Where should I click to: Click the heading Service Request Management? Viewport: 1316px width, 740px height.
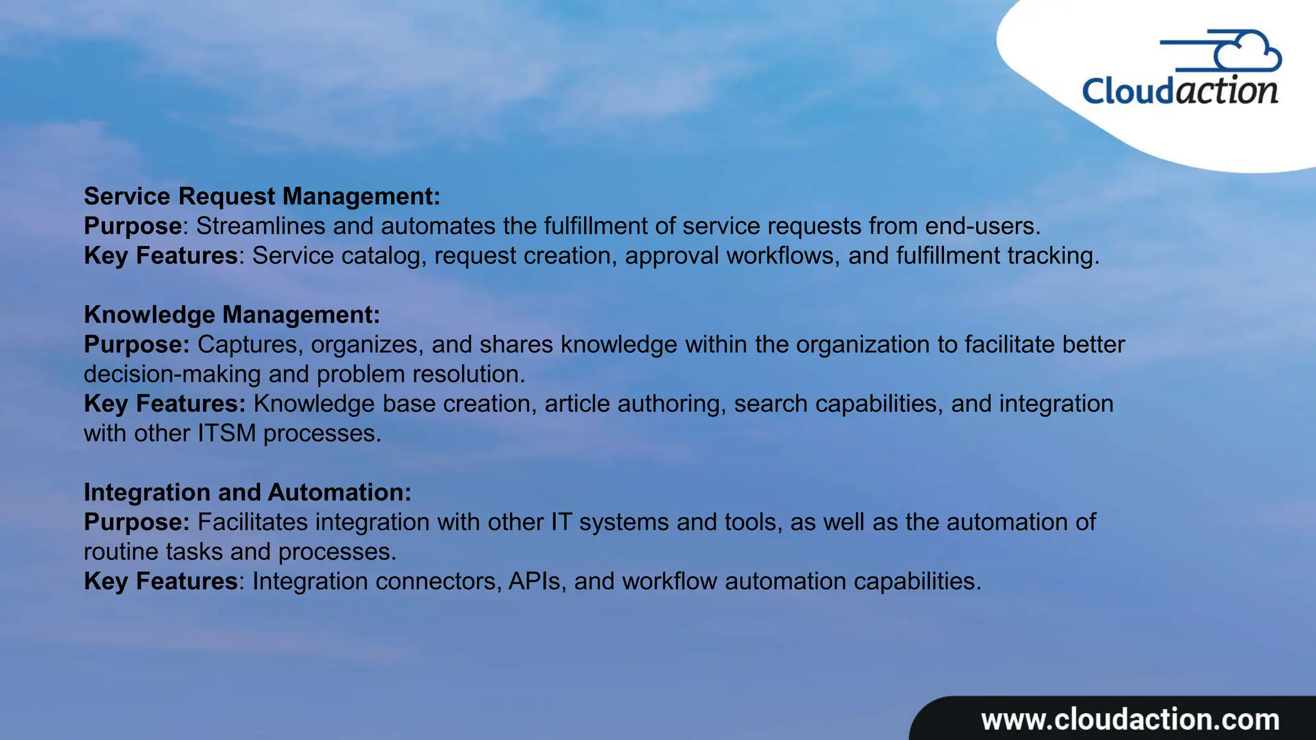point(262,197)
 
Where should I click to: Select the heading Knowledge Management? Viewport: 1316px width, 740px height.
point(232,315)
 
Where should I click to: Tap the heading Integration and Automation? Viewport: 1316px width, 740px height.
point(247,492)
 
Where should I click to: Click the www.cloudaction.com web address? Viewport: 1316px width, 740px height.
point(1130,719)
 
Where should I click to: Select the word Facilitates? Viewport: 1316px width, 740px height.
point(253,522)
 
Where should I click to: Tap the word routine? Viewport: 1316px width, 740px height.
point(121,551)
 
